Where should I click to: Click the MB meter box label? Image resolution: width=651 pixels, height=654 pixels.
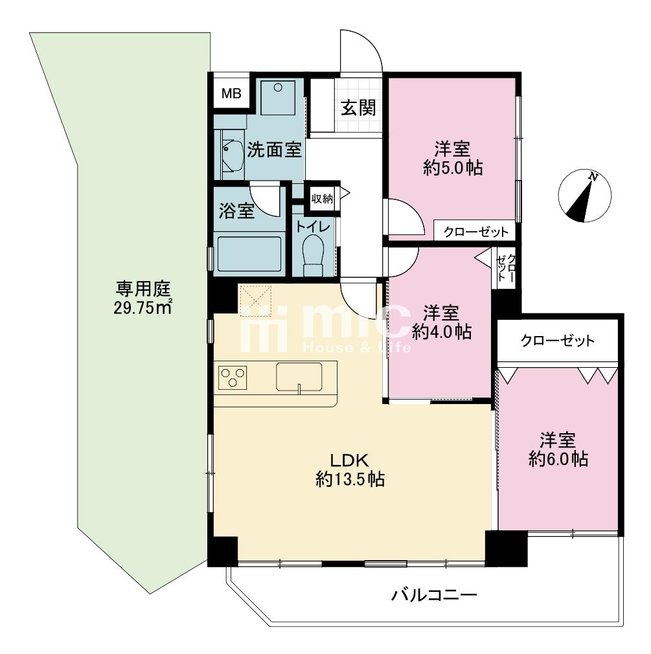coord(231,93)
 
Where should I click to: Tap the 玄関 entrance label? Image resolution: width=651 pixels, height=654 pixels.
coord(359,107)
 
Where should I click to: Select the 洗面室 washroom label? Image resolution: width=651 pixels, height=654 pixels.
coord(274,150)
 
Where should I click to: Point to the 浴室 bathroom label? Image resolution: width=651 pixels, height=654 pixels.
coord(237,210)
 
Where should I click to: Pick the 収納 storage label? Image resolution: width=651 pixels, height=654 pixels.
coord(322,199)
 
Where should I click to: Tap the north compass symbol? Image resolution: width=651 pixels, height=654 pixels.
coord(585,196)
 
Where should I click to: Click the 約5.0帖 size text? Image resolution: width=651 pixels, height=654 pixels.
coord(453,168)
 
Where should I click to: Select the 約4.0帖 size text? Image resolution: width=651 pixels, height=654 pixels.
coord(442,332)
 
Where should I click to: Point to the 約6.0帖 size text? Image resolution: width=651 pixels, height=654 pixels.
coord(558,459)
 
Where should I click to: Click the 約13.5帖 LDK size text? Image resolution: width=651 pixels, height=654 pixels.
coord(350,479)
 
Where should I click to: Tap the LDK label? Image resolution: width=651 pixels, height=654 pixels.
coord(349,460)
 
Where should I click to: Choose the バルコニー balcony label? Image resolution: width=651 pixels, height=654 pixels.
coord(434,594)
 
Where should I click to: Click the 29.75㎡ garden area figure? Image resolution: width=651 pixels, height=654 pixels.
coord(143,308)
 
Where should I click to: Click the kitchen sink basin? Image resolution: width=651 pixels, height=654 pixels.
coord(299,377)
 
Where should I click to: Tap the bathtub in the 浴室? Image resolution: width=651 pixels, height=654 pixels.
coord(249,254)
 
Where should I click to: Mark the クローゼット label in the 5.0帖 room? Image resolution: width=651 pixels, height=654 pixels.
coord(476,232)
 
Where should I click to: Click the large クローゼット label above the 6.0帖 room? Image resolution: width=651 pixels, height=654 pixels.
coord(558,341)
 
